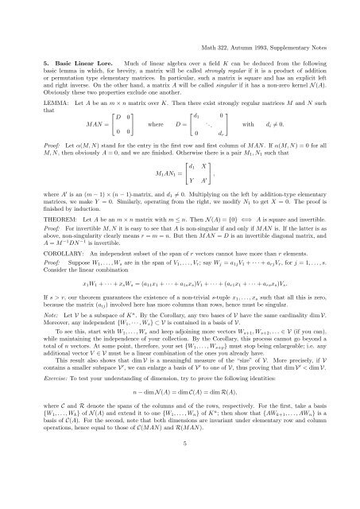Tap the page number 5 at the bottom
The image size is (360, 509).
[x=180, y=489]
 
